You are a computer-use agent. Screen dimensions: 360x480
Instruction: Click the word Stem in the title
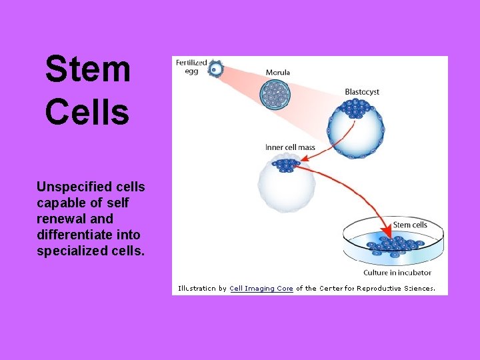click(87, 69)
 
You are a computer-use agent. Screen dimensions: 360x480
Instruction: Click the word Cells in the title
click(87, 111)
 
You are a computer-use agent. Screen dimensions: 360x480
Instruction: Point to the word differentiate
click(73, 235)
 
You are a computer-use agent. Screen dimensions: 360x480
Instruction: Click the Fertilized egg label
click(191, 67)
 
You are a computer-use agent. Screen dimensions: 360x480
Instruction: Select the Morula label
click(277, 73)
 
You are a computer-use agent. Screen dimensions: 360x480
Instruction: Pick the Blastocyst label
click(361, 91)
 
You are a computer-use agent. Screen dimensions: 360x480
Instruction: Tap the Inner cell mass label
click(290, 147)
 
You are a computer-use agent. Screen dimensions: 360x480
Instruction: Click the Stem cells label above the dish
click(410, 225)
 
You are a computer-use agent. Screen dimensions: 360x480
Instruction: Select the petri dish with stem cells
click(393, 245)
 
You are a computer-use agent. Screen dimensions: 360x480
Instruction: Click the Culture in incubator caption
click(397, 272)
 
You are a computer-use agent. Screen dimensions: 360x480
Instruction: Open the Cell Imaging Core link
click(261, 289)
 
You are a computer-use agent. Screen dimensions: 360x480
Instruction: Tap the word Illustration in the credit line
click(197, 289)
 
